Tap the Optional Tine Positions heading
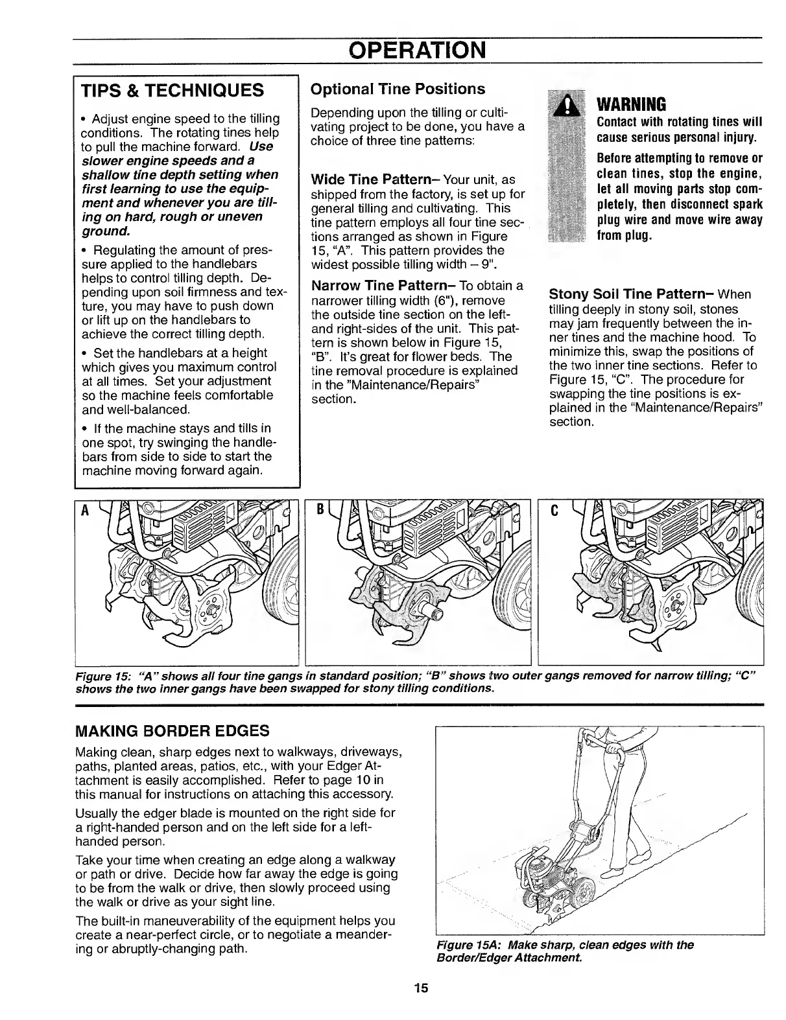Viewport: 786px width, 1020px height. [x=398, y=88]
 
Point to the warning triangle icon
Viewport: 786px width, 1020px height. [x=568, y=104]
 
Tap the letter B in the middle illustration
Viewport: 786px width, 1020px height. [x=318, y=509]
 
